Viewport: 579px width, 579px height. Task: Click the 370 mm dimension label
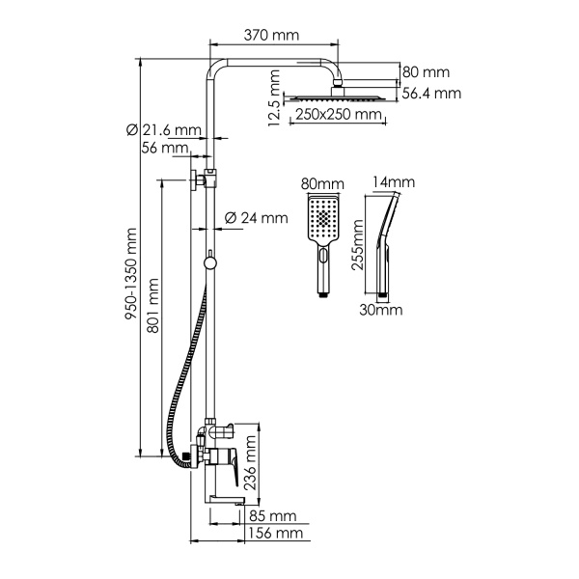click(x=271, y=35)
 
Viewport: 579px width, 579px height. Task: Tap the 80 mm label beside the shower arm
click(x=426, y=72)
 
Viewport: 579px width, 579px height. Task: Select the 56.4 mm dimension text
click(x=430, y=93)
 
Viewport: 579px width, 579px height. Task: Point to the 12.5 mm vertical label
click(x=276, y=97)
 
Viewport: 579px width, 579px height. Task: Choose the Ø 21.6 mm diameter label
click(x=163, y=130)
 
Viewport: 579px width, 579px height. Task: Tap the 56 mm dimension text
click(x=164, y=149)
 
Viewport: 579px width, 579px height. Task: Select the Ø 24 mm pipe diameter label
click(x=256, y=218)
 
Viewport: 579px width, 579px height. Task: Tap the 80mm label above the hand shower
click(x=322, y=183)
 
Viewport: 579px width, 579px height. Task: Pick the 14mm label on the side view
click(x=392, y=182)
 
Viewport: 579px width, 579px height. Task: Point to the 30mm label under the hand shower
click(x=380, y=311)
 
